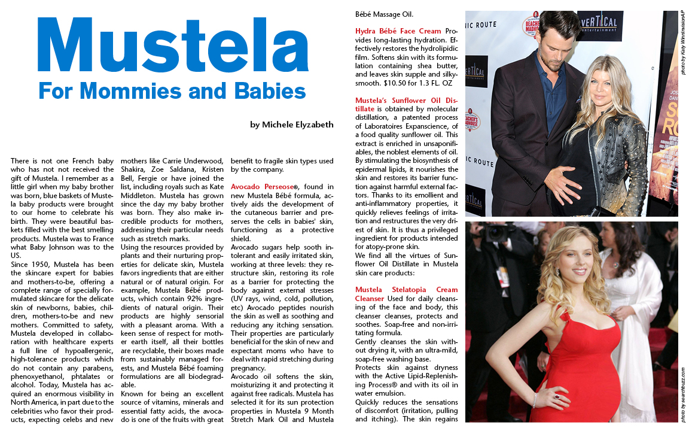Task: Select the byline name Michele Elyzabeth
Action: click(x=297, y=125)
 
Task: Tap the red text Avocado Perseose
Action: click(x=263, y=187)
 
